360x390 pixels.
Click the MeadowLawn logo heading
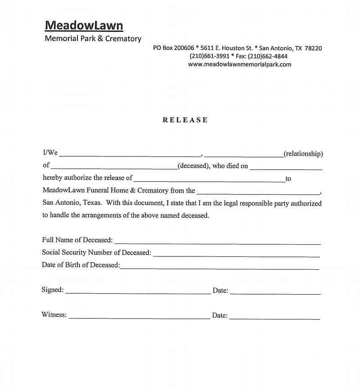(84, 25)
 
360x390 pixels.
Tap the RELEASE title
(185, 120)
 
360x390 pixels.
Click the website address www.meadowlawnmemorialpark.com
(239, 64)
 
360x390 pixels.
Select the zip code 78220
(313, 48)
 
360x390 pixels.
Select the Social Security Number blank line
(236, 255)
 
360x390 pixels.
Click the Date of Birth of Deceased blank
(220, 267)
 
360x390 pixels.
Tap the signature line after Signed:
(138, 292)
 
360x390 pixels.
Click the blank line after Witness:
(139, 318)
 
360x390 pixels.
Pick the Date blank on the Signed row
(275, 293)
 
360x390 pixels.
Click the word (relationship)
(303, 154)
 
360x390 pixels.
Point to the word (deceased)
(193, 166)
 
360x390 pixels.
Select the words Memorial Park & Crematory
(93, 39)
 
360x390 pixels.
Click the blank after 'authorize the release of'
(209, 180)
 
